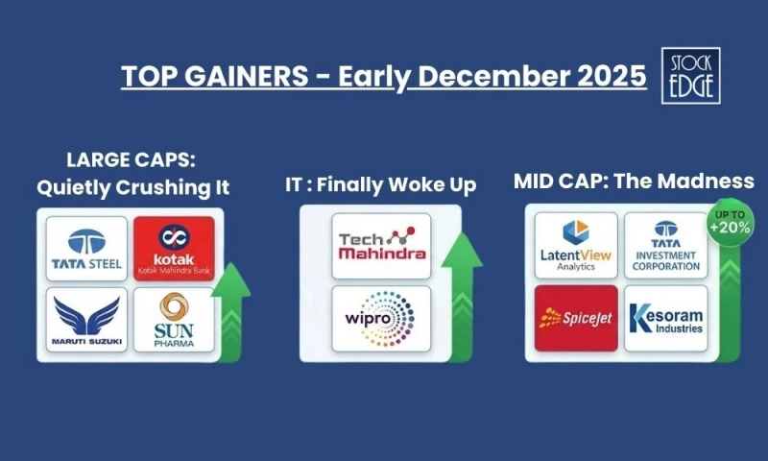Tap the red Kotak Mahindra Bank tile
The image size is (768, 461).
click(174, 248)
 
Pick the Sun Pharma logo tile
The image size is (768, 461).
click(174, 319)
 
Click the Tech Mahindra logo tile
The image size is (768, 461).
click(381, 246)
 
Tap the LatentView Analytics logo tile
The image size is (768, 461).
click(576, 246)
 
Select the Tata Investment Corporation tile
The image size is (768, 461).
click(665, 246)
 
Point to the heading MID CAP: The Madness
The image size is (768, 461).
click(634, 181)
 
